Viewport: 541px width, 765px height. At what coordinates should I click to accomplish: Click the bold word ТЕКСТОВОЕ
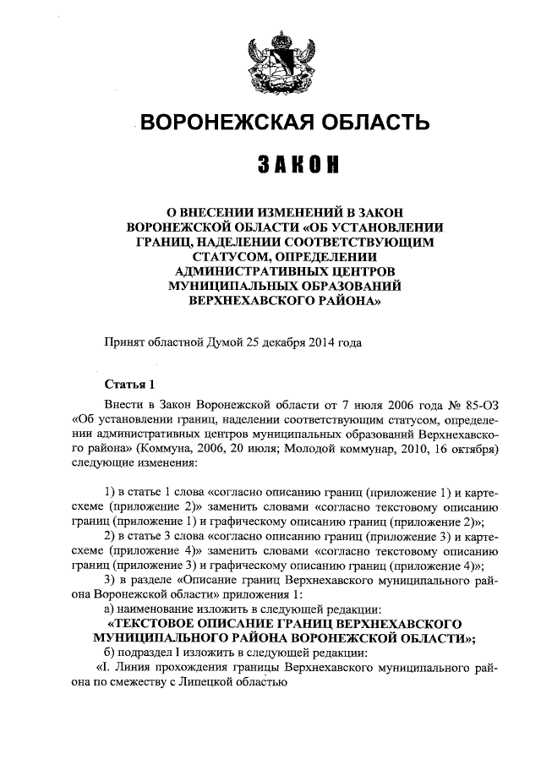pos(156,624)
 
